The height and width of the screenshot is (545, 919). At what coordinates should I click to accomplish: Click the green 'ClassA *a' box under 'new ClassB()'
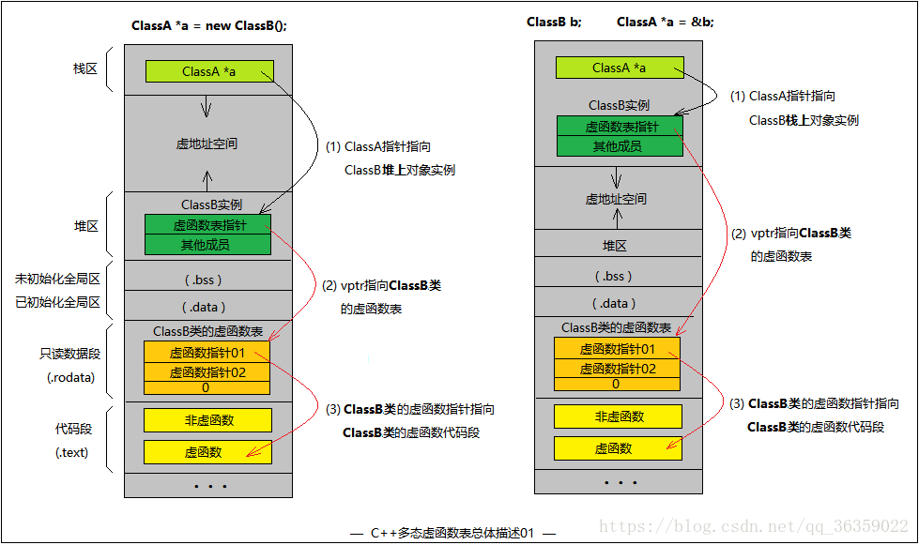tap(209, 71)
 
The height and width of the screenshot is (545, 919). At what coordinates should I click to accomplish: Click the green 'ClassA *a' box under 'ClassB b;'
tap(619, 68)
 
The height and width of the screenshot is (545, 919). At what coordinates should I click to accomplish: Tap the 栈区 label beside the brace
tap(85, 69)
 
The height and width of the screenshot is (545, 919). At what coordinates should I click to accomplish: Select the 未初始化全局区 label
tap(57, 279)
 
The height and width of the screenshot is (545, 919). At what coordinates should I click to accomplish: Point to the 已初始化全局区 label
tap(57, 302)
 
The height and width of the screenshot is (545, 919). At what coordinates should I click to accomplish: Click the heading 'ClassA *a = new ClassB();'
tap(208, 25)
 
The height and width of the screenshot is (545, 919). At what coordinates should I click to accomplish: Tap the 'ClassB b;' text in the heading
tap(554, 22)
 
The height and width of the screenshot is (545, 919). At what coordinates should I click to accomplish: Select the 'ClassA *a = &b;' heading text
tap(665, 22)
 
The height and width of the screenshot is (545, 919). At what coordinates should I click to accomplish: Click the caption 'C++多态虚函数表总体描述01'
tap(452, 533)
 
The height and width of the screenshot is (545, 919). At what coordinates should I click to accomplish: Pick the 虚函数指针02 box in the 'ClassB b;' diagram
tap(617, 368)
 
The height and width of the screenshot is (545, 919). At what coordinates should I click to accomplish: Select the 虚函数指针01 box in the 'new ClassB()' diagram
tap(207, 353)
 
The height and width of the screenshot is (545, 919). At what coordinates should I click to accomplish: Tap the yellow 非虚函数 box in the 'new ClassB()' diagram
tap(207, 419)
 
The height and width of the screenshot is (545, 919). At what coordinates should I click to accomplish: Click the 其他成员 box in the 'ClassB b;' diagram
tap(619, 145)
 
